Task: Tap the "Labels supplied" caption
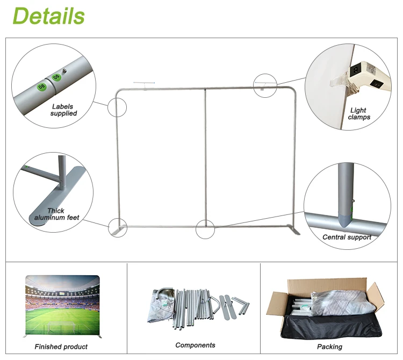[x=63, y=110]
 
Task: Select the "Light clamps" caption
[x=358, y=114]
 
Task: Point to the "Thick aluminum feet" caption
[x=57, y=214]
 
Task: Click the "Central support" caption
[x=347, y=237]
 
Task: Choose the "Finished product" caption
[x=61, y=347]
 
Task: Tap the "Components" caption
[x=195, y=345]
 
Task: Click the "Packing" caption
[x=329, y=347]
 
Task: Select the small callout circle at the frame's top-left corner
[x=117, y=107]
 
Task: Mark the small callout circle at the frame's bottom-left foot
[x=117, y=227]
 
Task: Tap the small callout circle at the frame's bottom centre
[x=205, y=229]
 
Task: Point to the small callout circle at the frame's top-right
[x=265, y=84]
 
